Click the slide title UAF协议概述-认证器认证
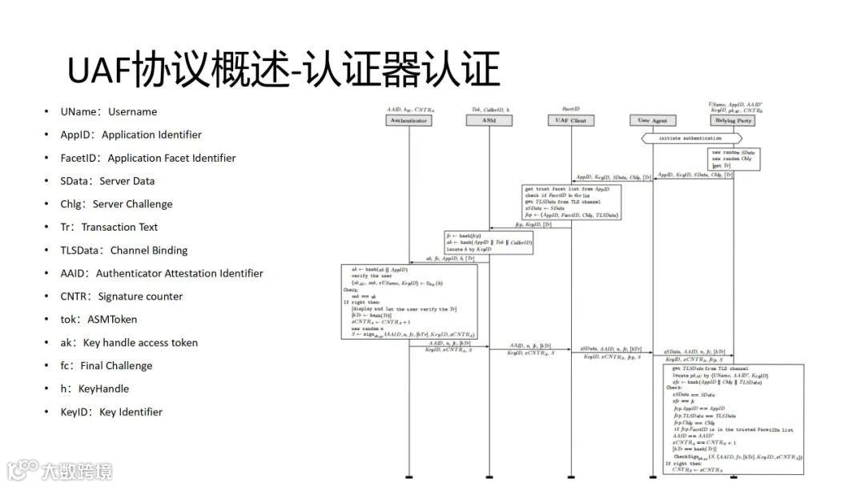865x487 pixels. point(284,70)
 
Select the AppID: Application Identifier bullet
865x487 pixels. point(131,135)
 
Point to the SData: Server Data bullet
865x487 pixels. point(107,181)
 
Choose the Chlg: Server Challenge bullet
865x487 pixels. point(116,204)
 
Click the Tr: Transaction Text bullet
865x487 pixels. point(109,227)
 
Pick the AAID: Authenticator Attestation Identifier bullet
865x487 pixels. point(161,273)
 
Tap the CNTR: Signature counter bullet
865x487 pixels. point(121,296)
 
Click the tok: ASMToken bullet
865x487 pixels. point(99,320)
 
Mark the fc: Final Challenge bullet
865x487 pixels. point(106,365)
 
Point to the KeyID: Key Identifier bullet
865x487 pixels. point(111,412)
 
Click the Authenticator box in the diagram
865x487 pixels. point(408,121)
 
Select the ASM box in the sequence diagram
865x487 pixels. point(488,121)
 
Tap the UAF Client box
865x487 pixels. point(571,121)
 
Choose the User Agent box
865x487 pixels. point(653,121)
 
